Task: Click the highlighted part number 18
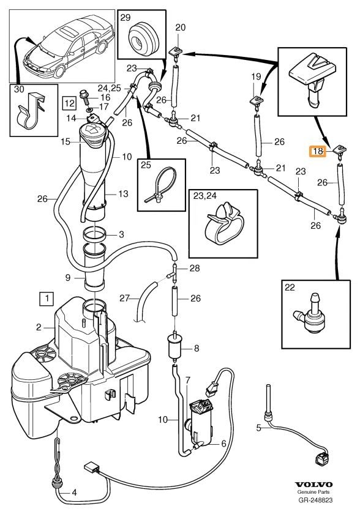coord(317,152)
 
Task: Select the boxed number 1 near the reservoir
coord(47,299)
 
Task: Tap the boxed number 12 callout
coord(70,103)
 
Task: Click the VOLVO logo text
coord(313,485)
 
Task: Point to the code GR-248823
coord(315,500)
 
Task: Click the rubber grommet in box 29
coord(143,37)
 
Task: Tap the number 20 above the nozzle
coord(181,28)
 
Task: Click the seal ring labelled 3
coord(94,234)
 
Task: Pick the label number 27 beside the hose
coord(124,298)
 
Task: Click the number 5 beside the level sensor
coord(259,428)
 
